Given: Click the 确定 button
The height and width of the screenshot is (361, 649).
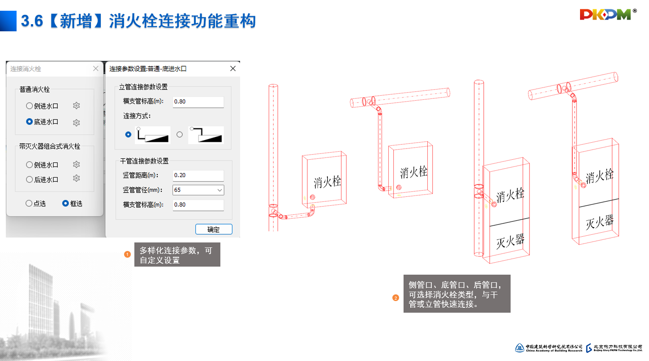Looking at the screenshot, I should coord(214,229).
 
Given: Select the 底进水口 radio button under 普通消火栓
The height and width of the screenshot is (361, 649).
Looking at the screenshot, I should coord(30,122).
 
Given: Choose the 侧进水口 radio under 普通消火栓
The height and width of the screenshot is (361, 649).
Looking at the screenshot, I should coord(30,106).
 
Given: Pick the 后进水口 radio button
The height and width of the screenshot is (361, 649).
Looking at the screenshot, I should coord(30,179).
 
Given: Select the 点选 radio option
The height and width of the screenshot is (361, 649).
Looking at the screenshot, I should coord(29,204).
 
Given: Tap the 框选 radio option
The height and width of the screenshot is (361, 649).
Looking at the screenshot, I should coord(65,204).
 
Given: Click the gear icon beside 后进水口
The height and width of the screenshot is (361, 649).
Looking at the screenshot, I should coord(77,178).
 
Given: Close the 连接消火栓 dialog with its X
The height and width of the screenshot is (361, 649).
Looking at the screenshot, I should coord(95,68).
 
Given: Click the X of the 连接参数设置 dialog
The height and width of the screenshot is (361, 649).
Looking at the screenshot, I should coord(232,68).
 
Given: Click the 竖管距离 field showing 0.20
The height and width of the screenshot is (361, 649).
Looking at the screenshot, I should coord(198,175).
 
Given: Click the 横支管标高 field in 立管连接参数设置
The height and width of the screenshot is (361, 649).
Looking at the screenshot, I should coord(198,102).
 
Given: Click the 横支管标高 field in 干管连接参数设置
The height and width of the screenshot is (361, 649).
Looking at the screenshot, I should coord(198,205).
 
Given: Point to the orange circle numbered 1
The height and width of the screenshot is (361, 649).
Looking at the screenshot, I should coord(127,255).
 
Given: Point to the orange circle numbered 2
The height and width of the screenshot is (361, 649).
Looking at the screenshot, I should coord(395,298).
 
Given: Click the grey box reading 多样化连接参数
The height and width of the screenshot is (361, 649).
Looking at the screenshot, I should coord(177,255).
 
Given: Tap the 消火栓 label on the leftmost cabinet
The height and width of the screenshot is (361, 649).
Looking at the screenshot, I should coord(327,182).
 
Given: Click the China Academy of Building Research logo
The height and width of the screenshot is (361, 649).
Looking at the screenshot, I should coord(549,348).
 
